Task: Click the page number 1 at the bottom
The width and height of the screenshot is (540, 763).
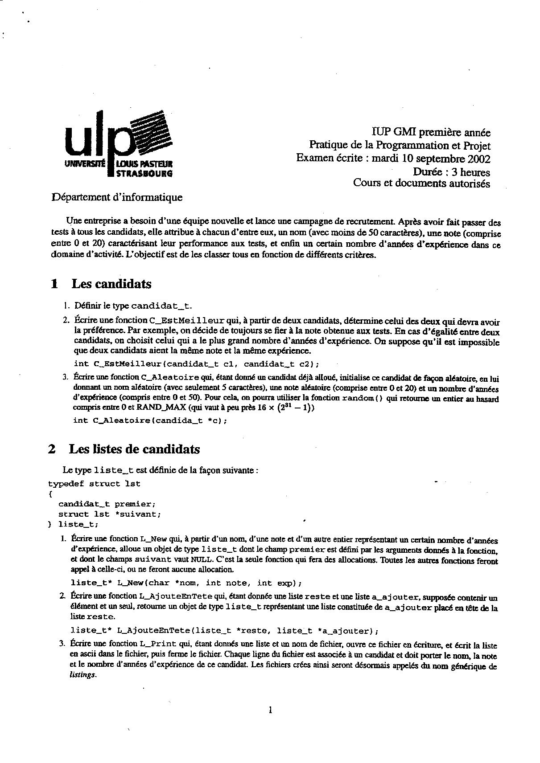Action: pyautogui.click(x=270, y=710)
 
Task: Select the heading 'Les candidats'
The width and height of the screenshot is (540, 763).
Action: pyautogui.click(x=111, y=284)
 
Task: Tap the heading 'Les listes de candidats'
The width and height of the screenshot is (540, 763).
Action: pyautogui.click(x=134, y=449)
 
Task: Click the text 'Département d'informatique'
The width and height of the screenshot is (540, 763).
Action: pyautogui.click(x=117, y=197)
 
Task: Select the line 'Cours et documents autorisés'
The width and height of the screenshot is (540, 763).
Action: pyautogui.click(x=421, y=183)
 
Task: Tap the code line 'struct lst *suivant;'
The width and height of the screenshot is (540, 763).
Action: pyautogui.click(x=110, y=514)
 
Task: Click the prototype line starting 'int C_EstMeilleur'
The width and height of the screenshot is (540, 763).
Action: pyautogui.click(x=196, y=363)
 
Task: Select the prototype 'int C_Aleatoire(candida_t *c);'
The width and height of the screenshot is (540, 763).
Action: pyautogui.click(x=150, y=420)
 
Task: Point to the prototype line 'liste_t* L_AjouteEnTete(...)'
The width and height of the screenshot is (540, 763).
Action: pyautogui.click(x=224, y=631)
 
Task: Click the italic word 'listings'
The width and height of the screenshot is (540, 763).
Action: pyautogui.click(x=83, y=675)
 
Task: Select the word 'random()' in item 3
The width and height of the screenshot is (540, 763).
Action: pyautogui.click(x=362, y=398)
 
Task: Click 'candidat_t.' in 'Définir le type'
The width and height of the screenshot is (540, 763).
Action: pyautogui.click(x=161, y=306)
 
